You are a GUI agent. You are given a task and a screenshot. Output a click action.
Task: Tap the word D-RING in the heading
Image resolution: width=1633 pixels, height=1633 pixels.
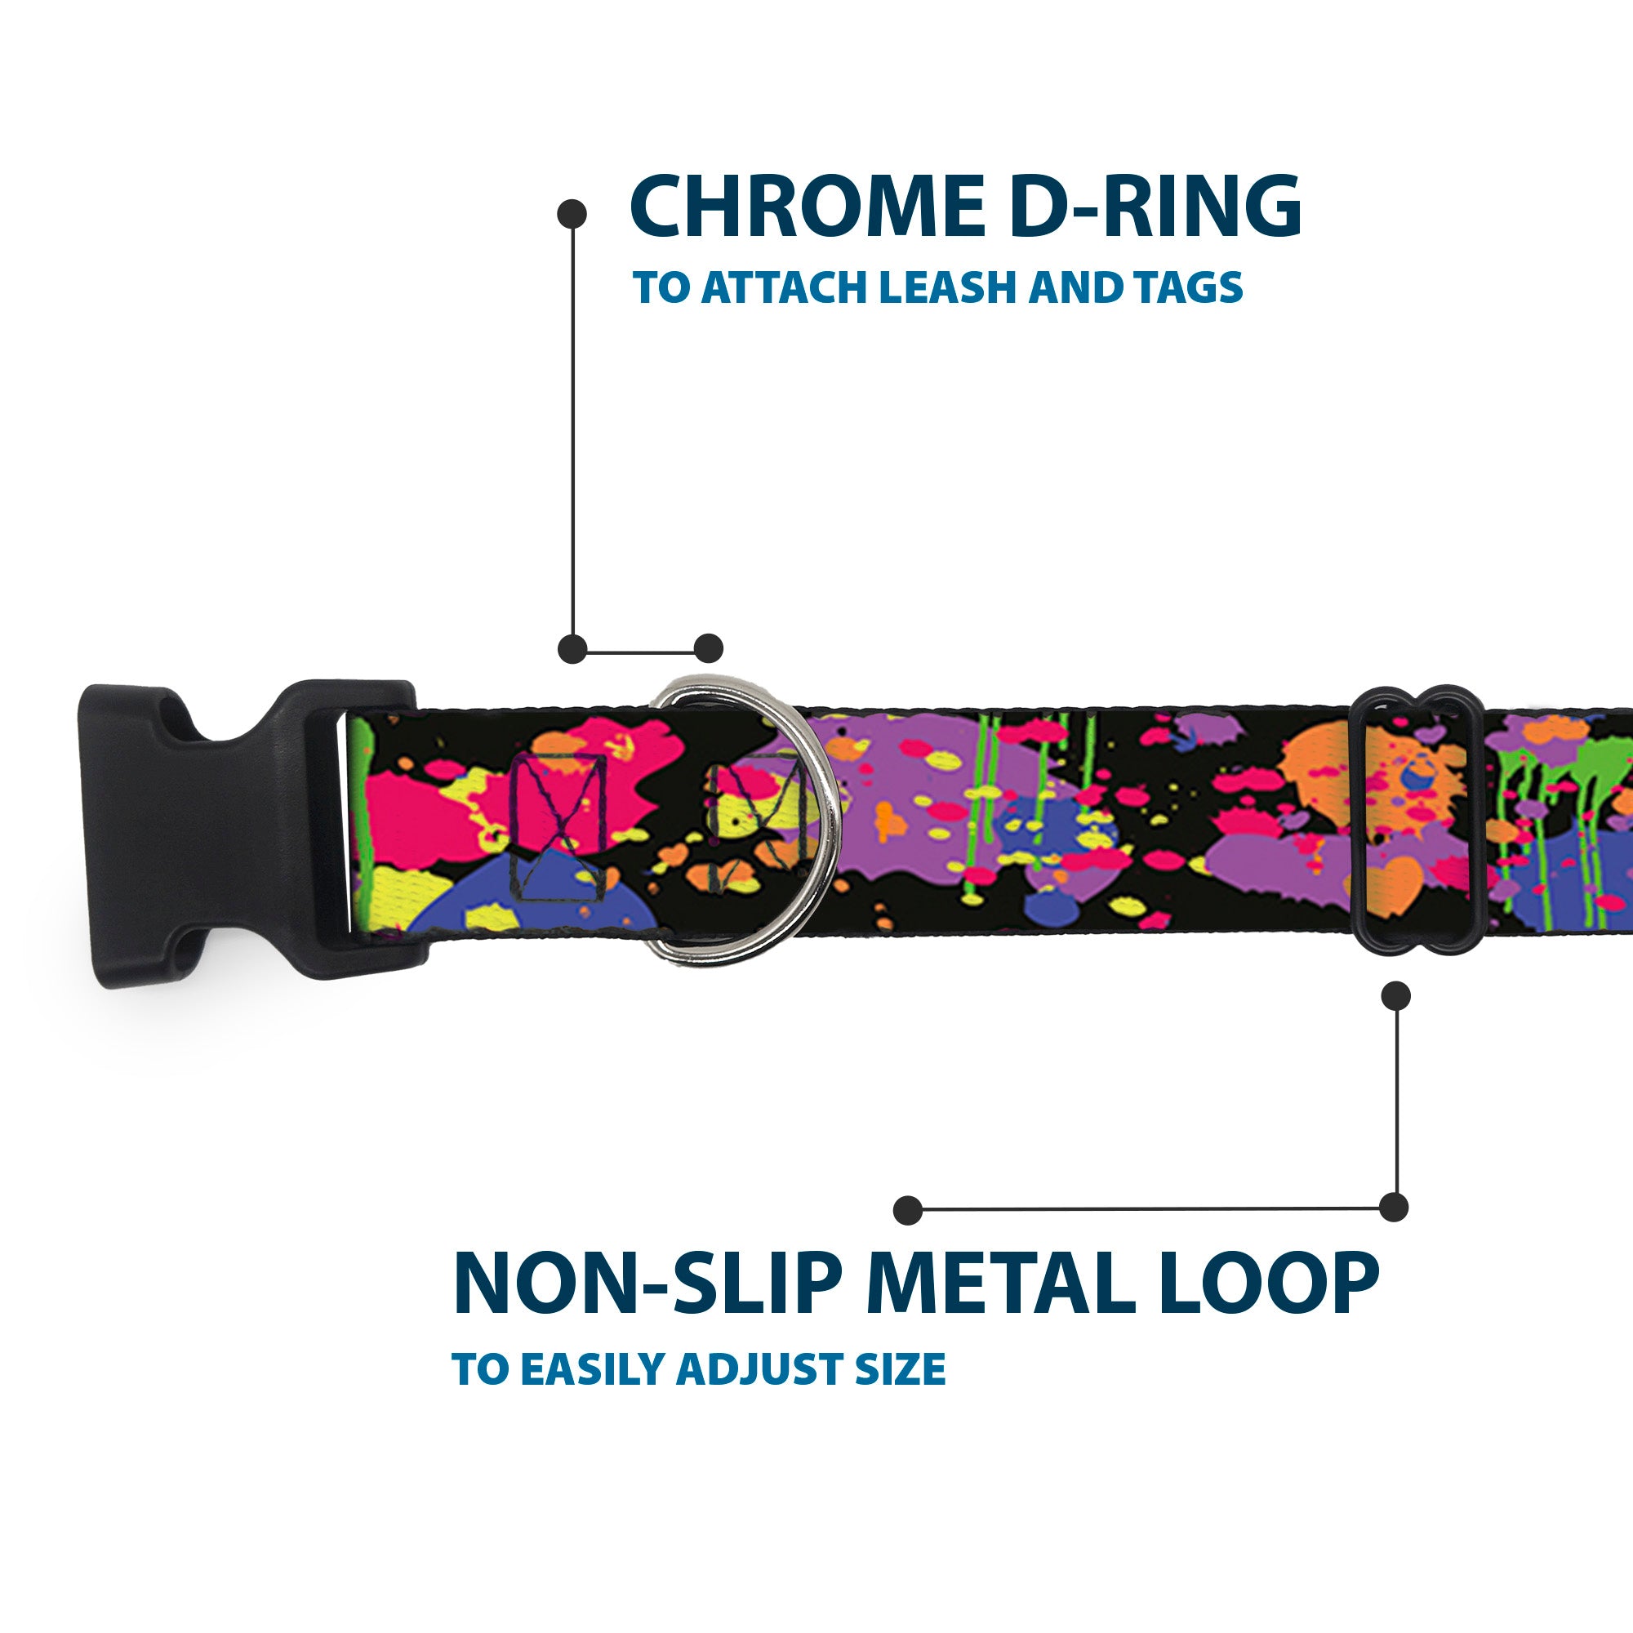click(1155, 207)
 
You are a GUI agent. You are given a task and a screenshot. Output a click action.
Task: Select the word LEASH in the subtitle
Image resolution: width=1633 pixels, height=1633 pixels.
click(947, 288)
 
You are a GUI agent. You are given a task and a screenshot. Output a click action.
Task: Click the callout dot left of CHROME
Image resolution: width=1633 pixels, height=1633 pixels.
click(572, 214)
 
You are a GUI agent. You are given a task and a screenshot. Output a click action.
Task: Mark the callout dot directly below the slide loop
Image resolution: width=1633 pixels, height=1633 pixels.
click(1395, 995)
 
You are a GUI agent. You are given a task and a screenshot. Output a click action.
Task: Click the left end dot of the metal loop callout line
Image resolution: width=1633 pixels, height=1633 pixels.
click(907, 1209)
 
